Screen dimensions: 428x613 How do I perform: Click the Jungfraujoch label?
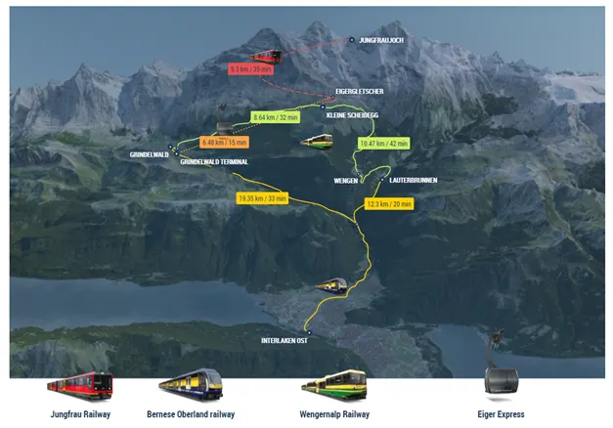coord(381,40)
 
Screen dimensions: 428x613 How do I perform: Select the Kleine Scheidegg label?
coord(356,115)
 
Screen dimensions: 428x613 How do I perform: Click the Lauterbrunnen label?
coord(413,181)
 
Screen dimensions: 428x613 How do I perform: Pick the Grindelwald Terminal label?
coord(214,161)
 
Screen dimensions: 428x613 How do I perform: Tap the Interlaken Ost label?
coord(285,340)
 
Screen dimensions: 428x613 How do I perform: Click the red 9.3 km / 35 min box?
coord(250,69)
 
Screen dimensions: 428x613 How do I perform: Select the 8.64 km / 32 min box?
coord(275,117)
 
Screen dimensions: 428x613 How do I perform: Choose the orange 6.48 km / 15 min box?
coord(224,142)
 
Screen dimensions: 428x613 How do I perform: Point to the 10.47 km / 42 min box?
coord(384,143)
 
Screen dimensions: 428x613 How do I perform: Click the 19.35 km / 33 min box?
coord(262,198)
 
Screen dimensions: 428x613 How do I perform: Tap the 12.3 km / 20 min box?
coord(389,203)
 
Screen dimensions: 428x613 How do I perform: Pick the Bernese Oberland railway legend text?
coord(191,414)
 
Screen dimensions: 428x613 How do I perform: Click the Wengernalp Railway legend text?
coord(335,414)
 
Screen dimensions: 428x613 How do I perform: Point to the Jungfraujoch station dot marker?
coord(352,40)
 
